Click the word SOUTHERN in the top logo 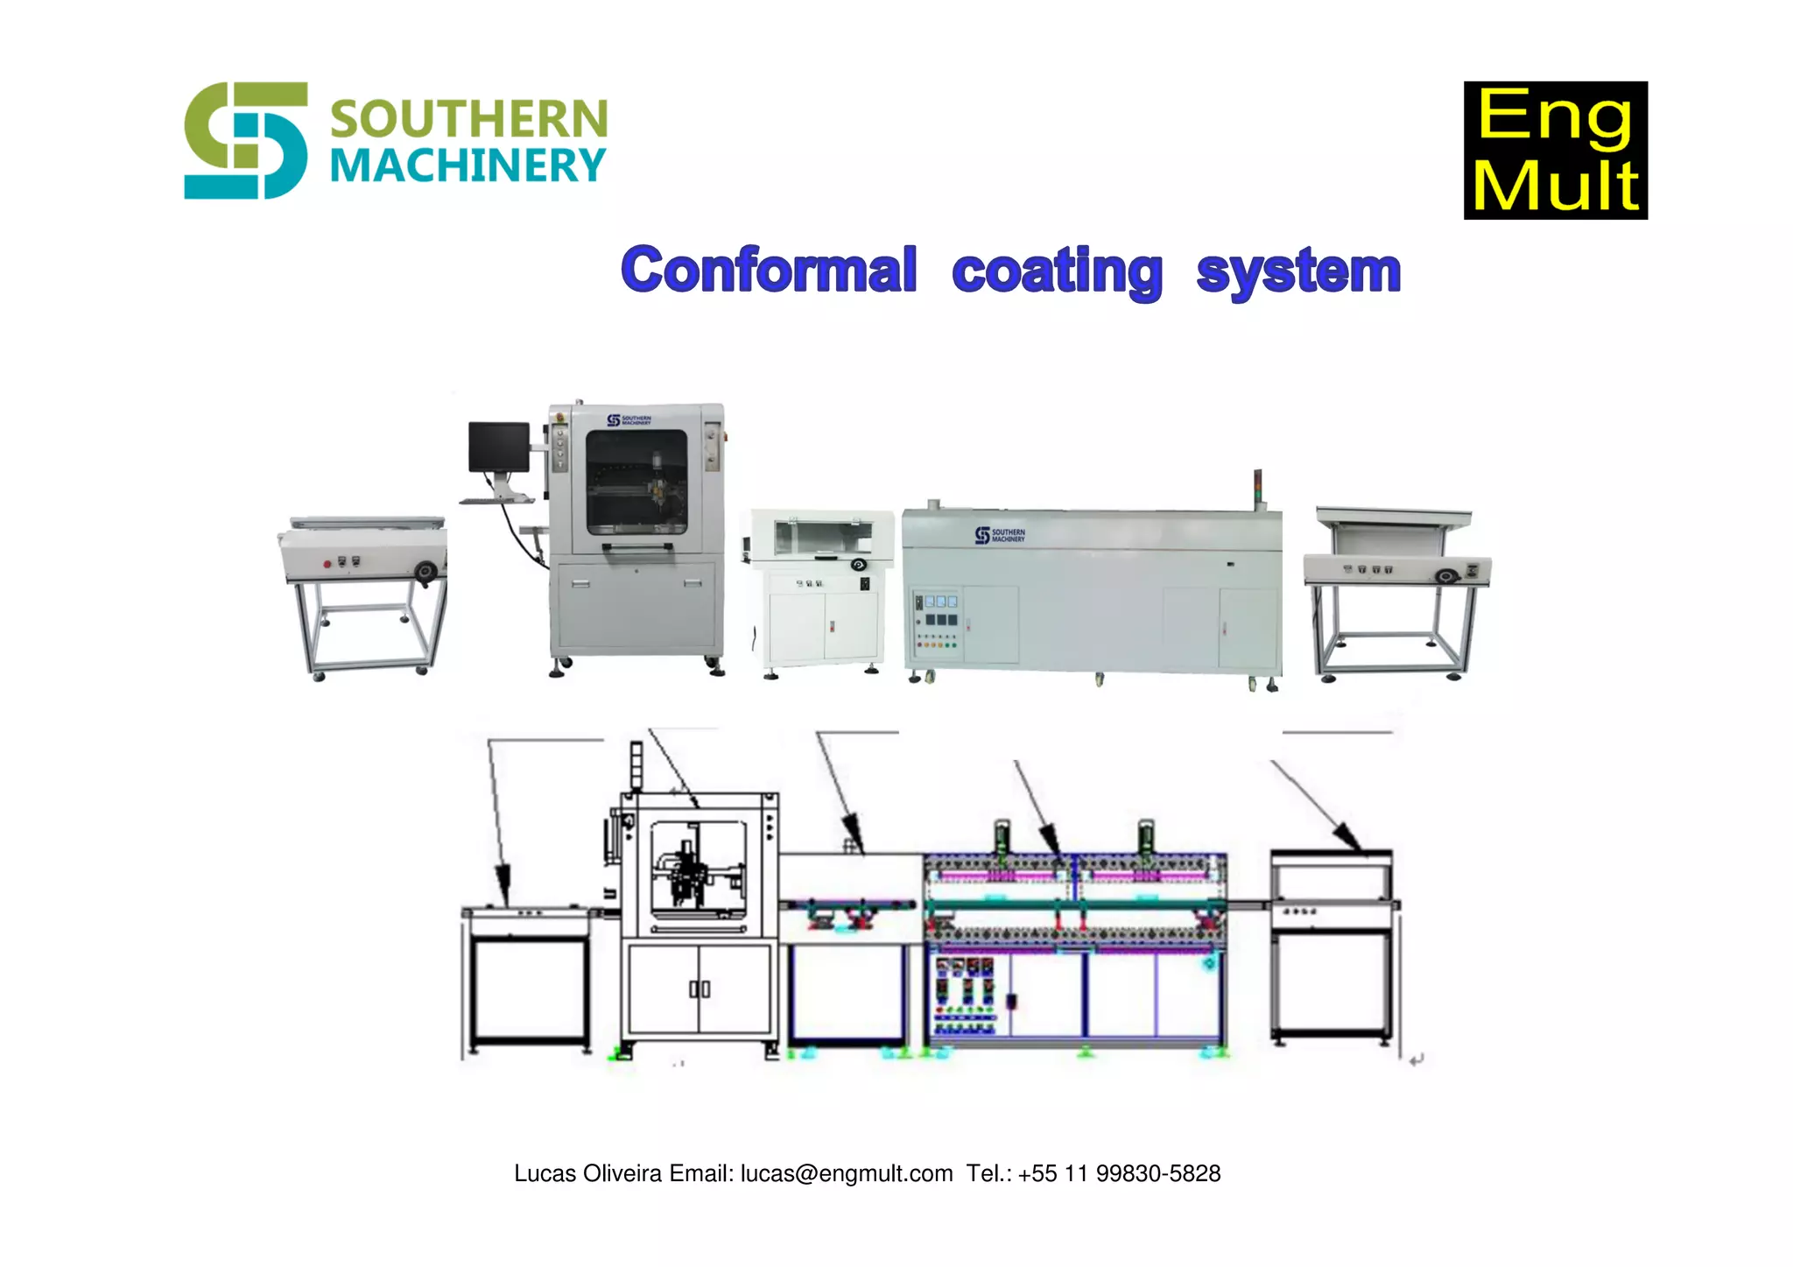tap(468, 119)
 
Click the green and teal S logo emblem tap(245, 140)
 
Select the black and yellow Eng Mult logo tap(1555, 150)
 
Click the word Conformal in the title tap(769, 270)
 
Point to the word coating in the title tap(1057, 271)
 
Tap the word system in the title tap(1298, 271)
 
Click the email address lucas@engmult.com tap(847, 1173)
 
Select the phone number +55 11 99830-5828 tap(1119, 1173)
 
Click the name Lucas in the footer tap(543, 1173)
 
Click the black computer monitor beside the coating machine tap(498, 447)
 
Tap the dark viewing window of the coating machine tap(636, 482)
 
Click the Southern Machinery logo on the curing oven tap(1000, 535)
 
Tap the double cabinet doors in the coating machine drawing tap(700, 988)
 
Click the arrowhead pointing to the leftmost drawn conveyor tap(503, 878)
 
